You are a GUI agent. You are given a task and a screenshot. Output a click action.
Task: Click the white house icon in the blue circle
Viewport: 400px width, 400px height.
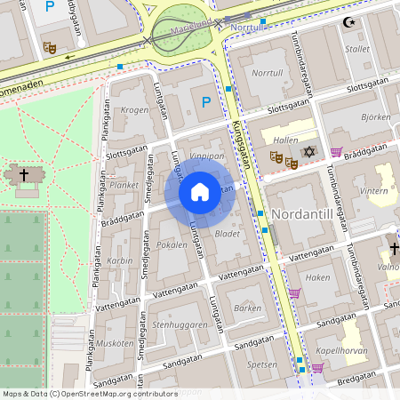200,192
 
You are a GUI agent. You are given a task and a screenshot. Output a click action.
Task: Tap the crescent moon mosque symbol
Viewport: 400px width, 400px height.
348,21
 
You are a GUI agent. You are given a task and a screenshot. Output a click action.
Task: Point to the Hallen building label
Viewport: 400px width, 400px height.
286,140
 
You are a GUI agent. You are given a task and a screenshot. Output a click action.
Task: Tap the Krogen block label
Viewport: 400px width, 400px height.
135,110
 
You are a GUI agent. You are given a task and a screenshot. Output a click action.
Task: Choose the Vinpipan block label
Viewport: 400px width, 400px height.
206,156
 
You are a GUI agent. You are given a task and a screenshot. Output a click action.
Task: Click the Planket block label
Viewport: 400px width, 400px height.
124,186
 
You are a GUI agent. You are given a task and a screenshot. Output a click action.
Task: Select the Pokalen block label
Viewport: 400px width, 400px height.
172,244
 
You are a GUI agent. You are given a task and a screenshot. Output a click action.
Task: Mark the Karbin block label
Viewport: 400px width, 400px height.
120,261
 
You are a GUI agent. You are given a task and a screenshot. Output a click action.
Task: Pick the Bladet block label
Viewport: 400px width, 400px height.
228,235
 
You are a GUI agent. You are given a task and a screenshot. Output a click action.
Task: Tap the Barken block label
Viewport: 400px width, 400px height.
247,308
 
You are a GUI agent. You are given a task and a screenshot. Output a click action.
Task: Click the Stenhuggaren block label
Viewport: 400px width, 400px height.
179,324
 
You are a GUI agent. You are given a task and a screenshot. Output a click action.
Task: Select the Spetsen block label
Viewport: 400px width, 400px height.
261,364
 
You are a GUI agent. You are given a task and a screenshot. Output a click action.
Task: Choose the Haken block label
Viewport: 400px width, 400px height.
317,278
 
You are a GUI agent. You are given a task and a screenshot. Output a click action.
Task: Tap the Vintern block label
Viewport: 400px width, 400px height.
374,191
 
